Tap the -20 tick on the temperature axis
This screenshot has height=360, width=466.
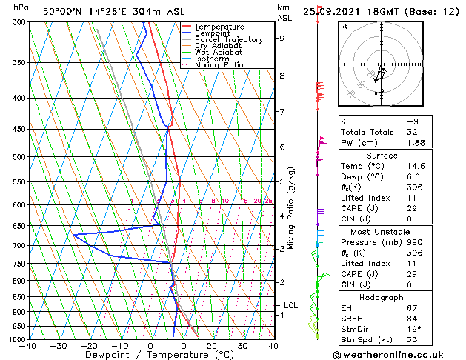click(x=89, y=345)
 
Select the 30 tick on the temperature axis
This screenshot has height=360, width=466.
click(x=242, y=345)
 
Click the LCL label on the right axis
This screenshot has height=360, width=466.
click(x=291, y=305)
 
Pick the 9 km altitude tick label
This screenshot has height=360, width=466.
click(x=282, y=39)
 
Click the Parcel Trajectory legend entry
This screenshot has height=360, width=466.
click(x=228, y=40)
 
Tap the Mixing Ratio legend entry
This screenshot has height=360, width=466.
click(x=219, y=65)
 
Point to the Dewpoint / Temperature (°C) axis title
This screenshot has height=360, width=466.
click(x=150, y=355)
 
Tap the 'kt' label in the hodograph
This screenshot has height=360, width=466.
click(x=344, y=26)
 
